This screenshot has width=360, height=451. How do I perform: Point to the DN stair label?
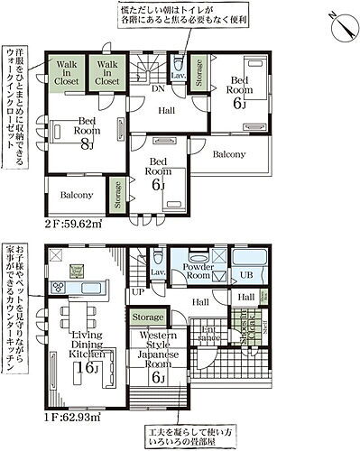pyautogui.click(x=158, y=89)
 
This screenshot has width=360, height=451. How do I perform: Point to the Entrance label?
pyautogui.click(x=209, y=336)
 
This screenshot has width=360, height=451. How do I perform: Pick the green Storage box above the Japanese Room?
pyautogui.click(x=148, y=318)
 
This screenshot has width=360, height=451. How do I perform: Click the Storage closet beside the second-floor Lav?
pyautogui.click(x=198, y=71)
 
